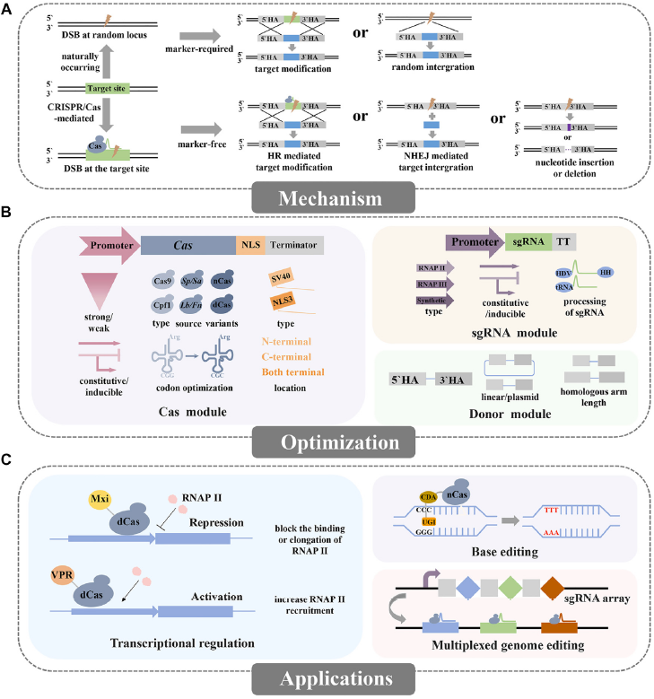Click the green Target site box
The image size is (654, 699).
click(110, 88)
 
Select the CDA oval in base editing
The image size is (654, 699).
click(430, 495)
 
